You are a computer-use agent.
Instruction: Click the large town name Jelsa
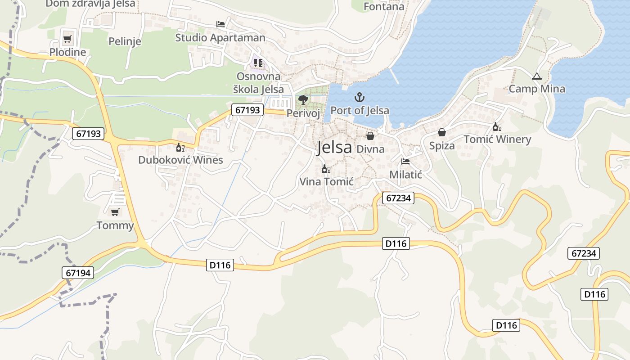(334, 148)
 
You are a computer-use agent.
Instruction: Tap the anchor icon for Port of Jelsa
(359, 97)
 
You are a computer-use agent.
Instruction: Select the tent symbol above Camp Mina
(536, 76)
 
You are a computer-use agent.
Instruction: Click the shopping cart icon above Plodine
(67, 39)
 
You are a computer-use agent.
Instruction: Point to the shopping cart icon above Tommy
(115, 212)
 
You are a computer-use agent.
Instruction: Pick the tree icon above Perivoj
(303, 99)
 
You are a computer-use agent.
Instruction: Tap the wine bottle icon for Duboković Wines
(180, 147)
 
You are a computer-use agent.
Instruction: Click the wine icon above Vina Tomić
(326, 169)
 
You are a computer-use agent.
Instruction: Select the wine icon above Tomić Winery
(497, 126)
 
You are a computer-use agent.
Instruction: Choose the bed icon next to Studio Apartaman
(220, 24)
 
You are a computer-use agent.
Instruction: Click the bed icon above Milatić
(405, 161)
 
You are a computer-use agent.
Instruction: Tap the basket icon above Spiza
(442, 132)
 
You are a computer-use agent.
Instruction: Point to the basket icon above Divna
(370, 135)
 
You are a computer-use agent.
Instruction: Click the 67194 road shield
(78, 272)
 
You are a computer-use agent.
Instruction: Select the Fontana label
(384, 7)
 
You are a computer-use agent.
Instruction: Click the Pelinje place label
(125, 41)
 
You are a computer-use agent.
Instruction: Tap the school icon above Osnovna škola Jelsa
(258, 63)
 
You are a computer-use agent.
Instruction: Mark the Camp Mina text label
(537, 89)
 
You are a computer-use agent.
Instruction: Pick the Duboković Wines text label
(180, 160)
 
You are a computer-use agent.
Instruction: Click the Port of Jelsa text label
(360, 110)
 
